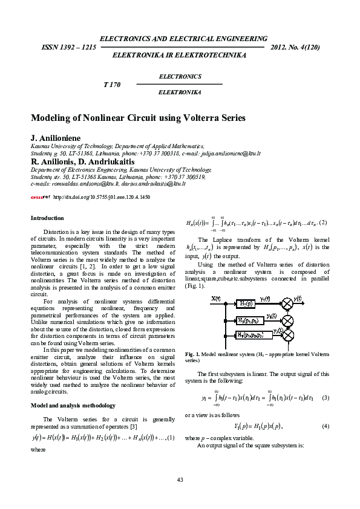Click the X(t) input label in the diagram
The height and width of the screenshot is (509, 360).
pos(216,298)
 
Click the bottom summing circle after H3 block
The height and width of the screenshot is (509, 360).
pos(288,334)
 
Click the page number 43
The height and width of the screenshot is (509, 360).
pos(180,479)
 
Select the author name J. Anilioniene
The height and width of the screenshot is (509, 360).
pos(56,138)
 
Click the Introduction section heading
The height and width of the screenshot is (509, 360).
pos(47,218)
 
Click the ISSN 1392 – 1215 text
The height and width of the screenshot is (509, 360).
pos(68,47)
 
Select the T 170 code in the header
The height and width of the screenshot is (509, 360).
pos(112,84)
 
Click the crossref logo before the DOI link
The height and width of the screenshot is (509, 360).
pos(40,197)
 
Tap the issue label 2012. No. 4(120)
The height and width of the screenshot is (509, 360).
pos(296,47)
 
